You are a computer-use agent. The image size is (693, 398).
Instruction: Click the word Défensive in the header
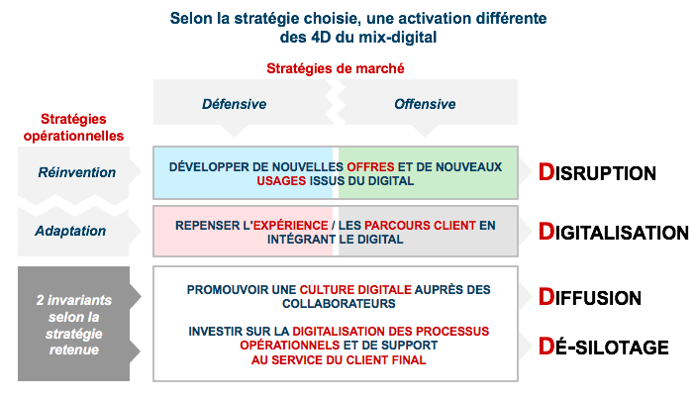pos(234,104)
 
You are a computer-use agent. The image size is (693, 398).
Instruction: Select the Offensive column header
pos(425,104)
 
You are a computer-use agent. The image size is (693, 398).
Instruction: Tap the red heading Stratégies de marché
pos(335,68)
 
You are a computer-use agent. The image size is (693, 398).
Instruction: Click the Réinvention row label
pos(76,172)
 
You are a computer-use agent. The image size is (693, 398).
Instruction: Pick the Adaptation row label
pos(70,231)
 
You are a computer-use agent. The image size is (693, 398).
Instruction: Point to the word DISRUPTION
pos(597,172)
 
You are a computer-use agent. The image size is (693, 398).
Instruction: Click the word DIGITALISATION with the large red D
pos(614,232)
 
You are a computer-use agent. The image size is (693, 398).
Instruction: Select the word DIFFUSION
pos(590,297)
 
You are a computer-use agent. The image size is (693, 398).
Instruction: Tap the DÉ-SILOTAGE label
pos(603,346)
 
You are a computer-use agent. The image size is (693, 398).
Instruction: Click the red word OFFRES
pos(370,166)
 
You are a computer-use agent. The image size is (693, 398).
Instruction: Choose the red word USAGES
pos(281,181)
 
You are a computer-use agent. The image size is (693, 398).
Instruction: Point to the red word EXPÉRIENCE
pos(290,225)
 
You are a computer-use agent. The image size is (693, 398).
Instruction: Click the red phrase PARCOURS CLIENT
pos(420,225)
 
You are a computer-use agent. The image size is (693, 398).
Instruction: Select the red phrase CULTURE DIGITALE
pos(355,290)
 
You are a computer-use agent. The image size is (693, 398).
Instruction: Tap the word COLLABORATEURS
pos(339,304)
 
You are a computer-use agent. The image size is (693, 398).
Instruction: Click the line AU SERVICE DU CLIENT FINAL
pos(339,360)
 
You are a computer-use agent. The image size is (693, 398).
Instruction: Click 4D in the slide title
pos(321,37)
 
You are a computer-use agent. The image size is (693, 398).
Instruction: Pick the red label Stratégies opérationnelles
pos(74,128)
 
